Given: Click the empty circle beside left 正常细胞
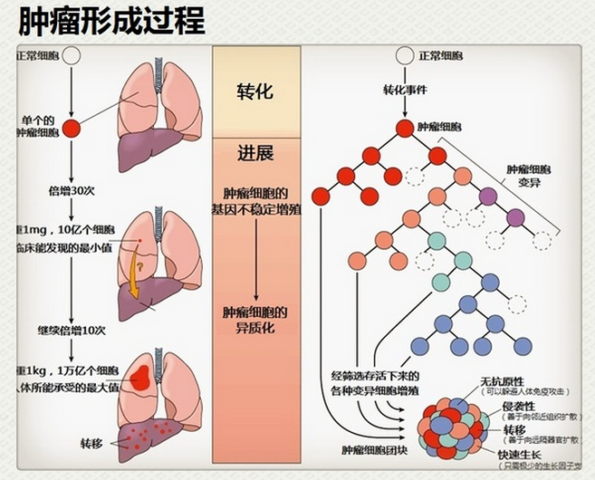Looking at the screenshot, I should pyautogui.click(x=71, y=57).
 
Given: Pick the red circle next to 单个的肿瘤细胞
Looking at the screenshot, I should pyautogui.click(x=71, y=127).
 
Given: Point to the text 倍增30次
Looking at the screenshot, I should pyautogui.click(x=70, y=191).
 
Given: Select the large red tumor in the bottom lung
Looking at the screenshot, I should pyautogui.click(x=141, y=375).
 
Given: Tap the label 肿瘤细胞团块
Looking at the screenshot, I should pyautogui.click(x=375, y=448).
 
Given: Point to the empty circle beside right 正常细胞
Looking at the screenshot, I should pyautogui.click(x=403, y=57).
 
